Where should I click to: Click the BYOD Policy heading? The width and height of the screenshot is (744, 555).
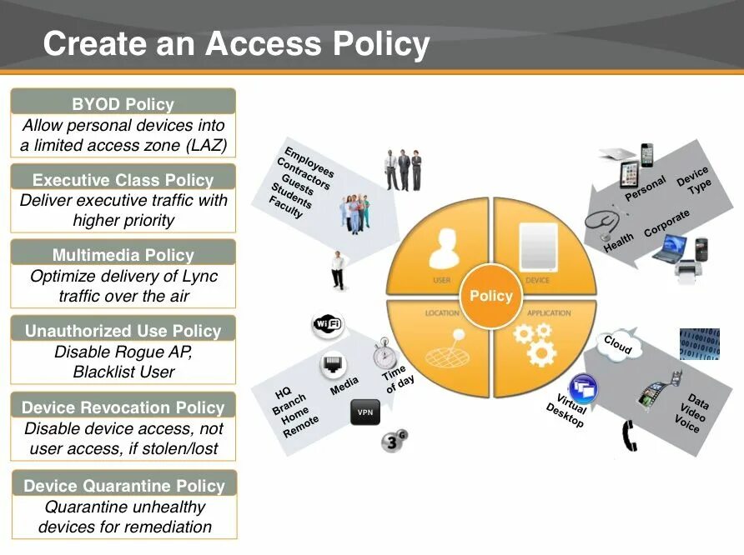tap(123, 104)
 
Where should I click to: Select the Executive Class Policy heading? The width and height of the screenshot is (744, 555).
tap(123, 179)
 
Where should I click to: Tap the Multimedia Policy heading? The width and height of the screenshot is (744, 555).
tap(123, 255)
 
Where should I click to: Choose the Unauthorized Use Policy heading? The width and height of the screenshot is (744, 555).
tap(123, 331)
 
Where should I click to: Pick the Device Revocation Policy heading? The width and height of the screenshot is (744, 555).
tap(123, 407)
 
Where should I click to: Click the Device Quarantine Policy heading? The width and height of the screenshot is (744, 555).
tap(123, 486)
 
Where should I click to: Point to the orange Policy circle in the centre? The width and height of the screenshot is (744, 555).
tap(490, 297)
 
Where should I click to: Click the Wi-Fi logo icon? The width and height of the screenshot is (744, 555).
tap(328, 324)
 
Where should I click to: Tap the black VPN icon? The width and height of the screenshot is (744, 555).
tap(364, 412)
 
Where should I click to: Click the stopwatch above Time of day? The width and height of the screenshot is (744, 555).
tap(385, 353)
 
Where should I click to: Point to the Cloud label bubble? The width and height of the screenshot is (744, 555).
tap(618, 344)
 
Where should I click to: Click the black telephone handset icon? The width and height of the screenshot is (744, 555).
tap(630, 436)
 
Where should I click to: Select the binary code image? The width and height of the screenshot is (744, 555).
tap(698, 343)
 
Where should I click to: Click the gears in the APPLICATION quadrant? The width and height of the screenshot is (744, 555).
tap(534, 343)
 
